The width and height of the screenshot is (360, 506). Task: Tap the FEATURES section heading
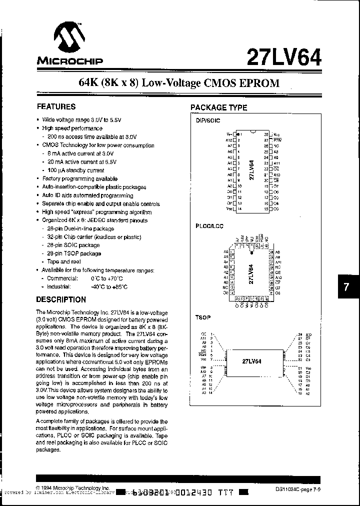pos(56,106)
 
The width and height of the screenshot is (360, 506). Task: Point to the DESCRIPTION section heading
pos(61,299)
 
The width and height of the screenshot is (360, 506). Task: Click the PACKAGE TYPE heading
pos(219,107)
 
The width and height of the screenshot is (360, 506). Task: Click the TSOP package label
pos(202,317)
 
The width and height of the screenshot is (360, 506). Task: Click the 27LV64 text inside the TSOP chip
pos(252,361)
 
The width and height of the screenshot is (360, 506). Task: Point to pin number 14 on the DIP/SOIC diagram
pos(240,208)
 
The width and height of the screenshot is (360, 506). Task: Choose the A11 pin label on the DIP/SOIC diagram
pos(278,163)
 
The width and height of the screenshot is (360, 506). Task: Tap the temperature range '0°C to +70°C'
pos(107,278)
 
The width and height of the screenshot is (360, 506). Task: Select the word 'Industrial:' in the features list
pos(59,287)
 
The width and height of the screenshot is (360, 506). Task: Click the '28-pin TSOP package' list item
pos(73,253)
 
